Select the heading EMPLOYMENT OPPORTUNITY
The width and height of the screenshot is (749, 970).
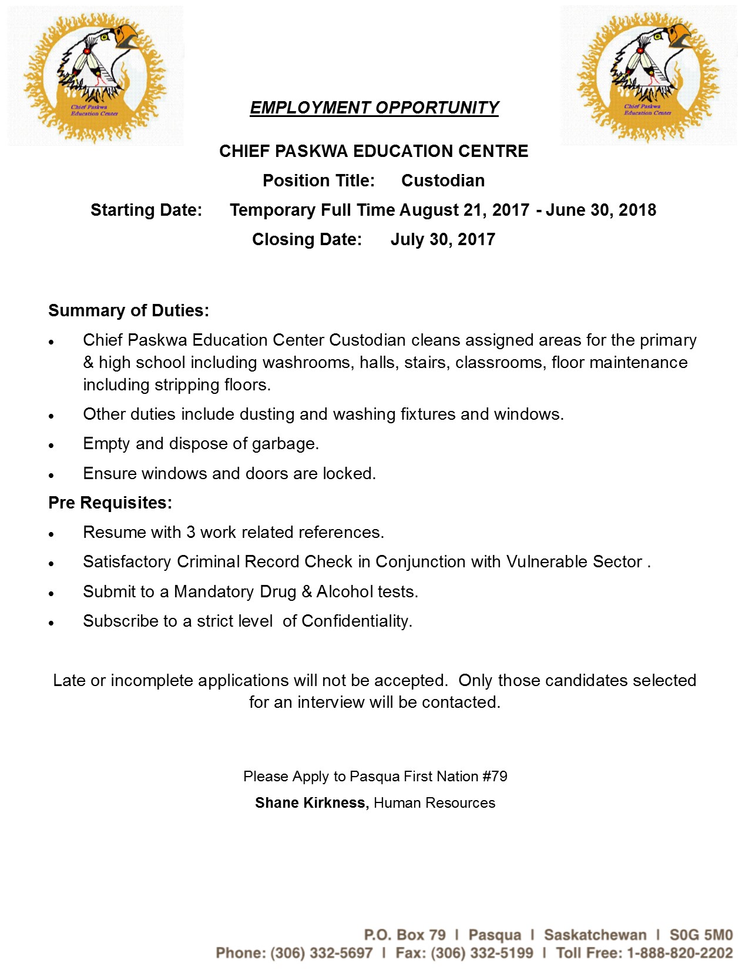[x=374, y=108]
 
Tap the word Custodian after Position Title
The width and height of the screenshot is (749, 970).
[x=443, y=180]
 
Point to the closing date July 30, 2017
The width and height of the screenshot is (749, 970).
[x=443, y=239]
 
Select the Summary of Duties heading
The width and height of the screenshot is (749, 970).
[x=129, y=310]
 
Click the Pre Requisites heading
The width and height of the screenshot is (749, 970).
[x=110, y=503]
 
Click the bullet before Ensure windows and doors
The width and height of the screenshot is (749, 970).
[x=52, y=475]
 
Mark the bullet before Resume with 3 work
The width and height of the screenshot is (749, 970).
[x=52, y=534]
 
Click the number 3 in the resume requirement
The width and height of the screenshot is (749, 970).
[x=191, y=532]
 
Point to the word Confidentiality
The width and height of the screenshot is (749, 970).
[x=357, y=621]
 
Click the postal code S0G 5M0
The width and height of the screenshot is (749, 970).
[x=701, y=935]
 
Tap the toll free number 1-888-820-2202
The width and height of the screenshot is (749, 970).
[x=680, y=953]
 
